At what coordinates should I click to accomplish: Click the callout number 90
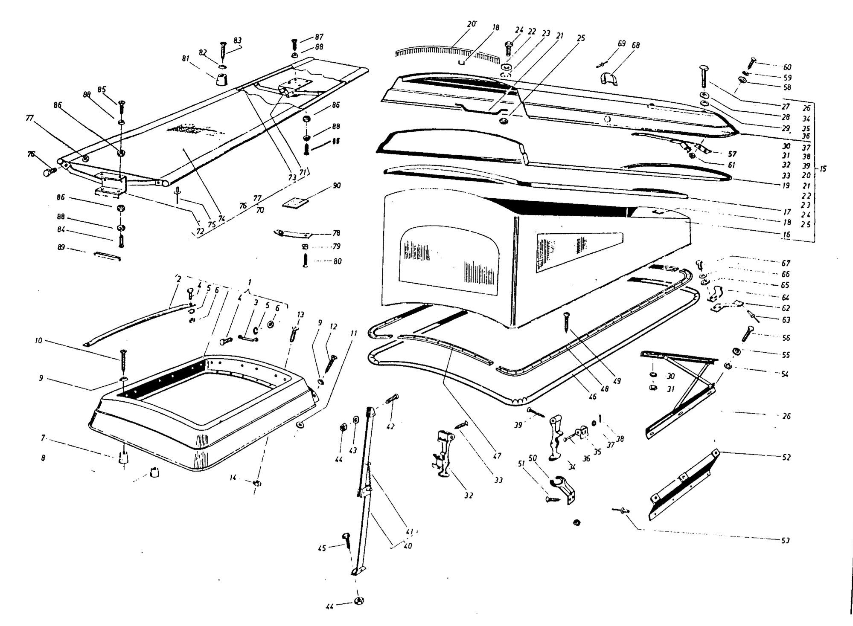click(x=337, y=186)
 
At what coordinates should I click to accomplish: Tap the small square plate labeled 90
click(x=296, y=202)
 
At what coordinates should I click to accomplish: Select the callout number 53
click(x=785, y=541)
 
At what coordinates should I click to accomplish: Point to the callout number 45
click(x=322, y=548)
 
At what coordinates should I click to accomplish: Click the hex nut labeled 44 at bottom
click(x=359, y=601)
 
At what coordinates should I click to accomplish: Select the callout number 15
click(x=823, y=169)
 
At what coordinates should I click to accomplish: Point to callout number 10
click(x=39, y=341)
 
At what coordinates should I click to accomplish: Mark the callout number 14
click(x=233, y=478)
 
